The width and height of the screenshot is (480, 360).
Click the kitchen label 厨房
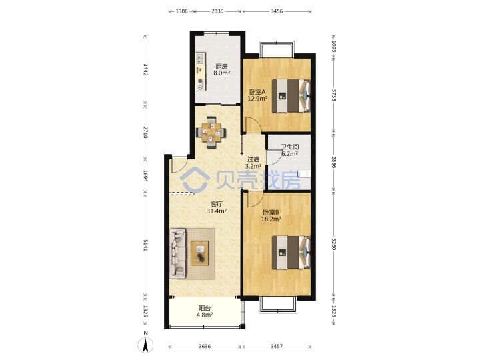coord(221,66)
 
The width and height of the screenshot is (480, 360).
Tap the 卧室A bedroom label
coord(257,92)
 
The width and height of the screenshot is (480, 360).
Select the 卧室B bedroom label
coord(271,212)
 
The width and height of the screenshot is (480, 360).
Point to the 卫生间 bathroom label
coord(290,147)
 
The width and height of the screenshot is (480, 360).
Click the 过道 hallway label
coord(253,159)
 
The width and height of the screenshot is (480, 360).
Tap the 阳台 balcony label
coord(205,308)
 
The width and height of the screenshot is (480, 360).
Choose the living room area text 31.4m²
coord(217,211)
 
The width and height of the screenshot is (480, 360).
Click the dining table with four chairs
coord(211,133)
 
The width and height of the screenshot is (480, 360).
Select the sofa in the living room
coord(178,254)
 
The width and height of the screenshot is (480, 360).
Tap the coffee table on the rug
coord(200,253)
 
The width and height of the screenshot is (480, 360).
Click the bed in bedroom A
coord(291,96)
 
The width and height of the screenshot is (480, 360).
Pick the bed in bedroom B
coord(291,252)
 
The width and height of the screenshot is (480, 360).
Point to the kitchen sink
coord(200,59)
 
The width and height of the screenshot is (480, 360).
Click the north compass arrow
coord(146,345)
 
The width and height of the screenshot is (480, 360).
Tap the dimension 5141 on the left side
coord(145,245)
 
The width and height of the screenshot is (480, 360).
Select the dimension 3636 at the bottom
coord(205,347)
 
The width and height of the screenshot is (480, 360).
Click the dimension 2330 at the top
coord(217,11)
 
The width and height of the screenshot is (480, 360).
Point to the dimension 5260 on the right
coord(334,244)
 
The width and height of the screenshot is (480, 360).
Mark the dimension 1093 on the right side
coord(334,47)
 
